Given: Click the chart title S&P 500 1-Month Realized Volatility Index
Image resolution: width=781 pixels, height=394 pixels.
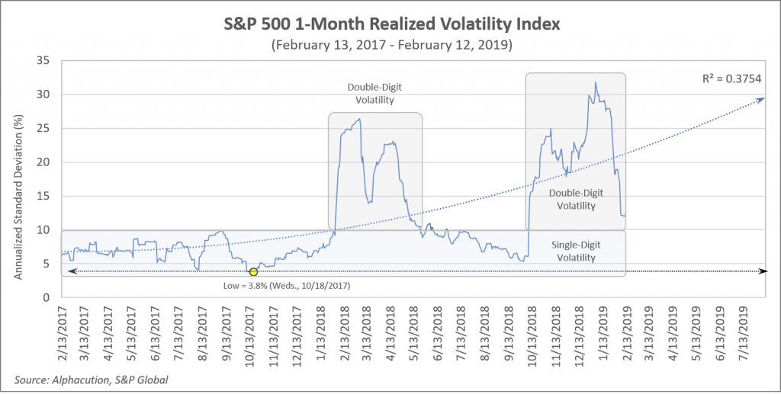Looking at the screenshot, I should coord(390,24).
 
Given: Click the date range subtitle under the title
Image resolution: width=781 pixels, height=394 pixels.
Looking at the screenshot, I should coord(390,45).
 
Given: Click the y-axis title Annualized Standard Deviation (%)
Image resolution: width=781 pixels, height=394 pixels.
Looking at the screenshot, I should coord(18,179).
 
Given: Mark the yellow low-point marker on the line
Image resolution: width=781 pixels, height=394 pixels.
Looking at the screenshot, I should coord(253,272).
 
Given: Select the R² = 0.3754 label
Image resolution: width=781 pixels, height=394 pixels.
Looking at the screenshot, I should coord(732,78).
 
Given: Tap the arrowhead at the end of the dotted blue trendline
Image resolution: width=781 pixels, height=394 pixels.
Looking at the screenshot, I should coord(763,98).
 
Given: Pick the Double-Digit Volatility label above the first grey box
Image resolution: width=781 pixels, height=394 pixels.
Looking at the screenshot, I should coord(375,92).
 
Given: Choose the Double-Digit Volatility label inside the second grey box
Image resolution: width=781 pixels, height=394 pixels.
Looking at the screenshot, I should coord(575,200).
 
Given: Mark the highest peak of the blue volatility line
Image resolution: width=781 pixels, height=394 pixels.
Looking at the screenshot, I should coord(595,82).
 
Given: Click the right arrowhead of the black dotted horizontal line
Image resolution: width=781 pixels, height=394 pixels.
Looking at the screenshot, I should coord(765,271).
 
